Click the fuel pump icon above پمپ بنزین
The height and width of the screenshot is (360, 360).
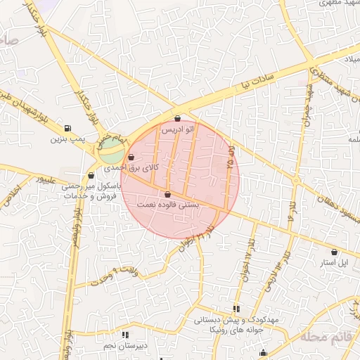pyautogui.click(x=67, y=128)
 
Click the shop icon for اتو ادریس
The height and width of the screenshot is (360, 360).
pyautogui.click(x=177, y=119)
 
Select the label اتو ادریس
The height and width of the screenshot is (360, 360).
pyautogui.click(x=177, y=130)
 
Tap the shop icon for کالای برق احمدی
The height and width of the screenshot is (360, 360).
pyautogui.click(x=131, y=157)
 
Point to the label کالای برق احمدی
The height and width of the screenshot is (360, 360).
pyautogui.click(x=131, y=168)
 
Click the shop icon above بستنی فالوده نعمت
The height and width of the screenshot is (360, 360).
pyautogui.click(x=167, y=194)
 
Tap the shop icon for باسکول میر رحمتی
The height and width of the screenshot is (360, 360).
pyautogui.click(x=91, y=176)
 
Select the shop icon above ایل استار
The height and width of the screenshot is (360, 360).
pyautogui.click(x=333, y=252)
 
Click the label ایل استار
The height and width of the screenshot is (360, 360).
pyautogui.click(x=334, y=263)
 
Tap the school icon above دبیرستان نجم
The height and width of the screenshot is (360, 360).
pyautogui.click(x=125, y=335)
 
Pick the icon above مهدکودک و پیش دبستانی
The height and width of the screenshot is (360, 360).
pyautogui.click(x=236, y=309)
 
